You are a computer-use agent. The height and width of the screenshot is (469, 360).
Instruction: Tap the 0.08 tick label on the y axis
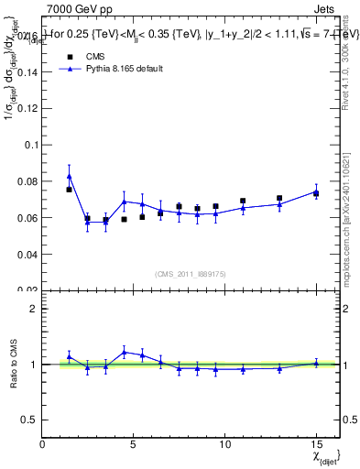(x=27, y=181)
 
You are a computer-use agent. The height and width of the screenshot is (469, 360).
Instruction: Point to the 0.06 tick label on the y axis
(x=27, y=218)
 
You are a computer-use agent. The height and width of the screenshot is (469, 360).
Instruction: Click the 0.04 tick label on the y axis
(x=27, y=254)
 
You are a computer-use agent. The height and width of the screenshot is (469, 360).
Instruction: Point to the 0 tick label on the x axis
(x=42, y=442)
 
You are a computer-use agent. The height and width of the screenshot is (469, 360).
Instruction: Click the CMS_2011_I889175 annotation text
(x=190, y=275)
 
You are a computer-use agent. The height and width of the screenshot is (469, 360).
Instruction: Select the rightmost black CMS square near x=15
(x=316, y=193)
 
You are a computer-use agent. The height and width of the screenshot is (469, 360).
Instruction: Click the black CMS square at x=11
(x=243, y=201)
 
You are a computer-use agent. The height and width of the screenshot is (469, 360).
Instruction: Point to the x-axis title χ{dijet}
(x=325, y=455)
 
